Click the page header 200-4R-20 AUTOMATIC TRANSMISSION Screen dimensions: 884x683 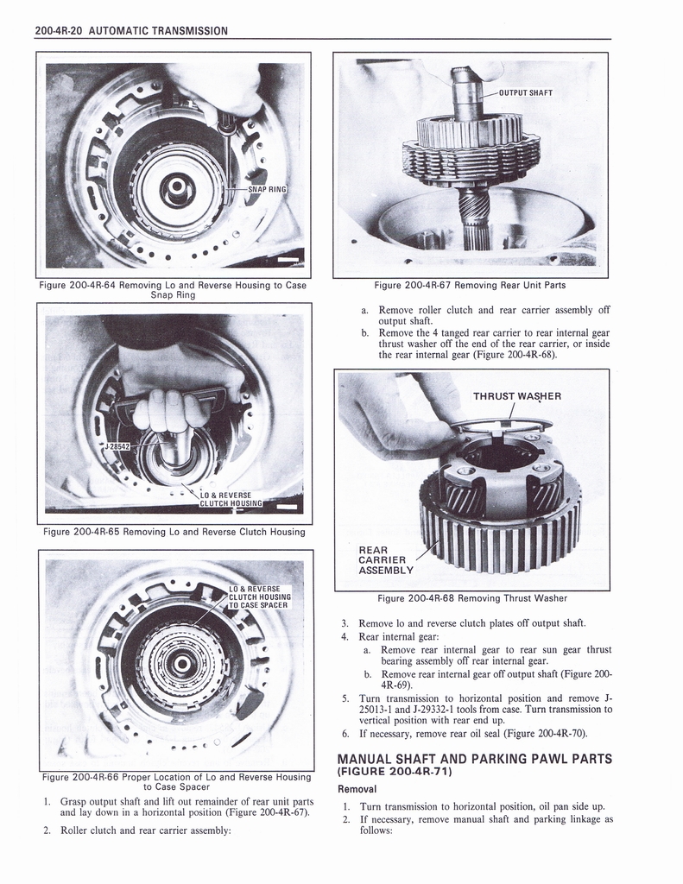coord(131,31)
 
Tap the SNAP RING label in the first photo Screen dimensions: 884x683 coord(266,190)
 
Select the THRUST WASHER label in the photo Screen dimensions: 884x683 coord(516,396)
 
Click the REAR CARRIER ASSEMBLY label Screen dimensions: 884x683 coord(386,559)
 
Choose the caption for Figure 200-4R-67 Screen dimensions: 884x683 coord(471,286)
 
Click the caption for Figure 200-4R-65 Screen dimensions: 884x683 coord(174,532)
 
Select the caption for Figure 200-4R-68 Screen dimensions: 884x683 coord(471,598)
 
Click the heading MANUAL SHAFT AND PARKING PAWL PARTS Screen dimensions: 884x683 coord(474,758)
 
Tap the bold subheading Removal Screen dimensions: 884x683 coord(357,789)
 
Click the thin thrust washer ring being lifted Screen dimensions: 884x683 coord(502,424)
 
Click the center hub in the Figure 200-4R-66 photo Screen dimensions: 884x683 coord(181,663)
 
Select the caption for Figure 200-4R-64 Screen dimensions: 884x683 coord(173,290)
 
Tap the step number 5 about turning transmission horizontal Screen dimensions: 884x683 coord(345,698)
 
